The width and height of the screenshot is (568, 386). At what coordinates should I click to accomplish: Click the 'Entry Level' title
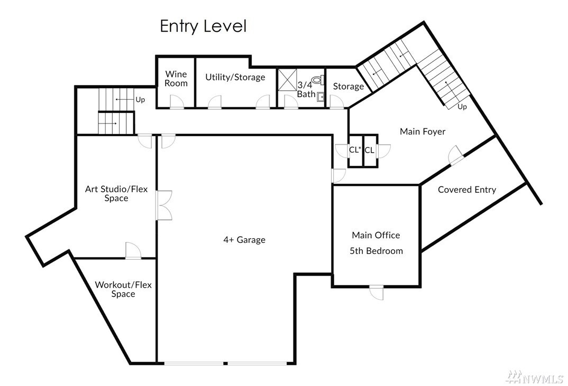click(203, 26)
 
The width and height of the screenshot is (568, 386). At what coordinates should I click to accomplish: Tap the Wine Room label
click(176, 79)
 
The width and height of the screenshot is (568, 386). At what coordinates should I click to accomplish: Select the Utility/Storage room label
click(235, 77)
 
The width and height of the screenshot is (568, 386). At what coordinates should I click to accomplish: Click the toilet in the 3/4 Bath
click(317, 80)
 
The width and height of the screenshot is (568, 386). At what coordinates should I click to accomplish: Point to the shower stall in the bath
click(287, 80)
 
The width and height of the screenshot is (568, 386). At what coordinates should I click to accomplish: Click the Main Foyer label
click(423, 131)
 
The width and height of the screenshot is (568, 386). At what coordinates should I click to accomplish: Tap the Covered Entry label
click(467, 190)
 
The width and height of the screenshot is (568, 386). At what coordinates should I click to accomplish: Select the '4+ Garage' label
click(244, 240)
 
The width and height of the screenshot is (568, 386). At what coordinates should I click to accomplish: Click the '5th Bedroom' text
click(376, 251)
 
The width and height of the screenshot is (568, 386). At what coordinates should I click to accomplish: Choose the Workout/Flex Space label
click(123, 289)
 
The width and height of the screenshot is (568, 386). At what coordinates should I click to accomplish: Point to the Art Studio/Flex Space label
click(116, 193)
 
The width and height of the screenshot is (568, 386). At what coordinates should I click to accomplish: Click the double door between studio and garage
click(164, 205)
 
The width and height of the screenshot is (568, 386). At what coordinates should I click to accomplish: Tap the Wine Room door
click(177, 102)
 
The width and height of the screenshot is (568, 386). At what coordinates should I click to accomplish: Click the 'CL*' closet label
click(355, 150)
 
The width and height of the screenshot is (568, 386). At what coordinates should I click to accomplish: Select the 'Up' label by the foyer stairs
click(462, 107)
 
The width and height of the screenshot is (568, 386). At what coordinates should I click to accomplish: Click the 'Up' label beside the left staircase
click(140, 99)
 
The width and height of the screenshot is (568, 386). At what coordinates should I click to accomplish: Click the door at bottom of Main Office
click(377, 293)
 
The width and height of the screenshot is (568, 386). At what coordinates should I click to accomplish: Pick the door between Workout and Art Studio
click(133, 251)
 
